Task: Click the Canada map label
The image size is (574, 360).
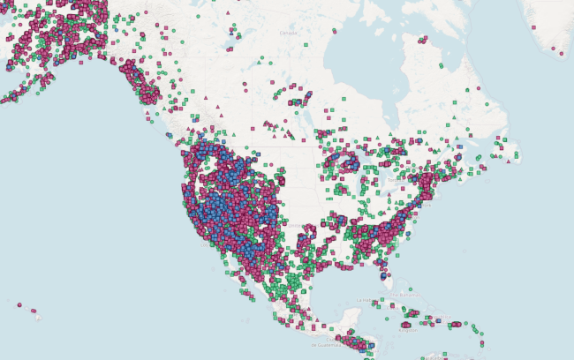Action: tap(289, 33)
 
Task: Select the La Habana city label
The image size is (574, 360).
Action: tap(364, 300)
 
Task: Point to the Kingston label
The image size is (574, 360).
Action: tap(408, 330)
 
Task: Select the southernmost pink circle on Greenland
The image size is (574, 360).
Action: tap(562, 55)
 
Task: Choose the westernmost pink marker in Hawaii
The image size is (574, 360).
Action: tap(19, 304)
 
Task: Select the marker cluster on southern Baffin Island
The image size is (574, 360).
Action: tap(423, 40)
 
